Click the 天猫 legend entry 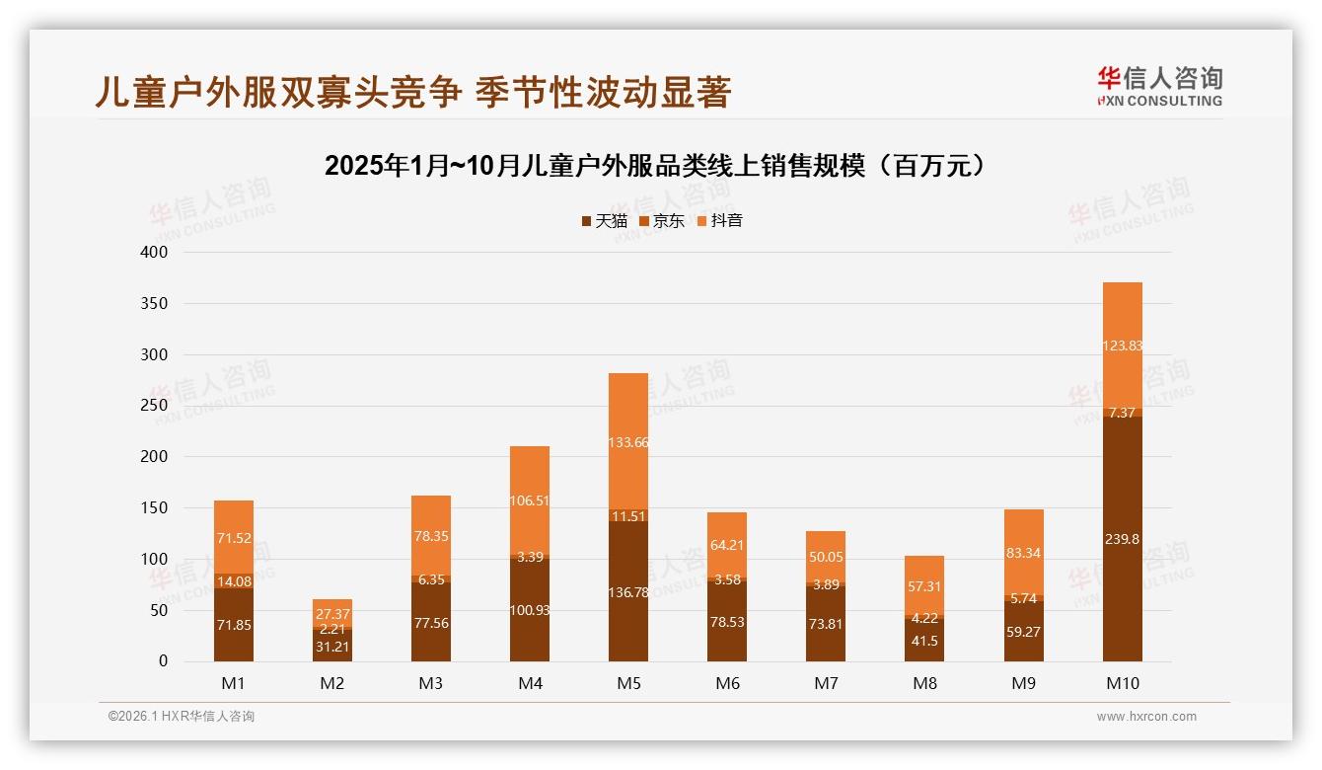[604, 221]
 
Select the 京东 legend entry [662, 221]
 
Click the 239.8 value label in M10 [1122, 539]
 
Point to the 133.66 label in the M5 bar [628, 442]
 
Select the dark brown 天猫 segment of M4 [530, 609]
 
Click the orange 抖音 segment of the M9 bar [1023, 552]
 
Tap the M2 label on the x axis [332, 683]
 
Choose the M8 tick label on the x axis [924, 683]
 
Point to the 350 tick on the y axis [156, 303]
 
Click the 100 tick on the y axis [156, 559]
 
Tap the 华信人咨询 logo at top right [1159, 86]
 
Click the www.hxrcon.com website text [1146, 717]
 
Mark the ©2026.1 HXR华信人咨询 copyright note [182, 717]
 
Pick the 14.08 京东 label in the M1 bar [234, 580]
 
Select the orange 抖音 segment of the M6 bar [727, 543]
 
